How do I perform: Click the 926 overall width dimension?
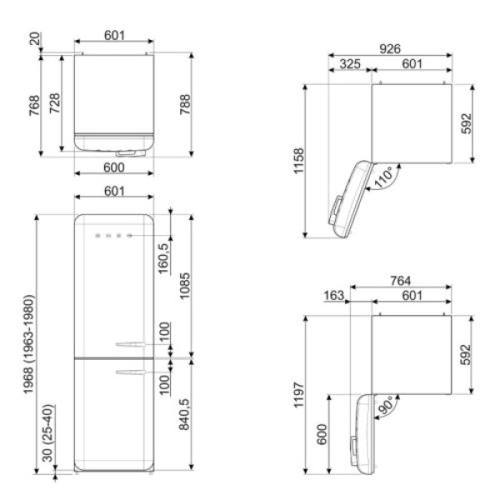390,49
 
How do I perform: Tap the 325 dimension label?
350,64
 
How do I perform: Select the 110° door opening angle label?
383,177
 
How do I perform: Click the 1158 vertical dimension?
299,161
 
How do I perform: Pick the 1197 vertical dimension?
299,395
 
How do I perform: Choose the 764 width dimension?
401,281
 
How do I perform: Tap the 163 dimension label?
334,295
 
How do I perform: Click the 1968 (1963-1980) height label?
28,345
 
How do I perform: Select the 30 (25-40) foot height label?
47,433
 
